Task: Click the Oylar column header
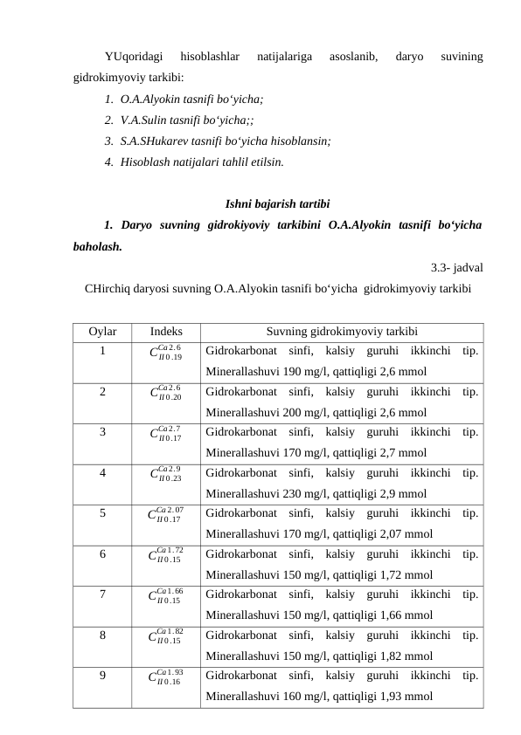[102, 333]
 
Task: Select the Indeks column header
[166, 333]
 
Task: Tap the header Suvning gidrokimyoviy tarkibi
[341, 333]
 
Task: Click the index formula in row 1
[166, 354]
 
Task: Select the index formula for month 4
[166, 474]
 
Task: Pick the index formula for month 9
[166, 676]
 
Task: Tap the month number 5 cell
[102, 513]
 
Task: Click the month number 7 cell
[102, 594]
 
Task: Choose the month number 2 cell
[102, 392]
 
